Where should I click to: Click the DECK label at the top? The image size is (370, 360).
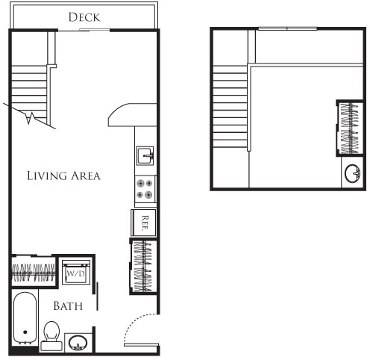tap(84, 16)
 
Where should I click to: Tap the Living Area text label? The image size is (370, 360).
tap(63, 176)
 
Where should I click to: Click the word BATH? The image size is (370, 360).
tap(67, 305)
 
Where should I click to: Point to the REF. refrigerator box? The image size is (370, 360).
tap(145, 222)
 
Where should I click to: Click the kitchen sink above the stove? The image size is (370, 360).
tap(145, 155)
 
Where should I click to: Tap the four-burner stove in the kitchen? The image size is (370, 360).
tap(145, 188)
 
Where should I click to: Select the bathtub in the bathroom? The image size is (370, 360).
tap(25, 320)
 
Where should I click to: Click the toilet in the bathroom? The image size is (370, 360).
tap(51, 334)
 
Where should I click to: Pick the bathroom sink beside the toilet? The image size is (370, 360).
tap(78, 343)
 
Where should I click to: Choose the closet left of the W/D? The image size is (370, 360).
tap(33, 272)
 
